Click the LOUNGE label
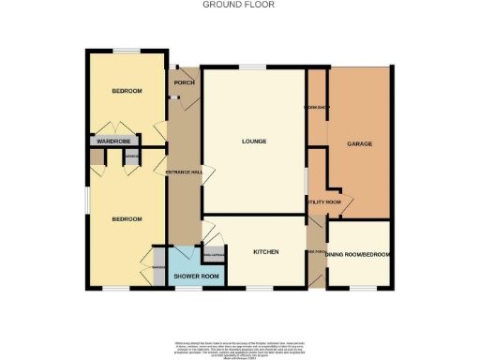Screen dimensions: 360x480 click(254, 142)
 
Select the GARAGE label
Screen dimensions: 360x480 click(360, 144)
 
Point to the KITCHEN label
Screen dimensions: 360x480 click(268, 252)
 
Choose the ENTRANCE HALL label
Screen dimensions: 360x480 click(184, 172)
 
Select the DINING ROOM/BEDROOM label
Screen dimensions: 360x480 click(360, 254)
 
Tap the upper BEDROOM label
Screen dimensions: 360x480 click(127, 91)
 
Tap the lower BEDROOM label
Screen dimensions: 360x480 click(127, 219)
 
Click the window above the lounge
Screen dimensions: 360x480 click(252, 67)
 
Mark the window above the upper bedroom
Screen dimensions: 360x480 click(127, 50)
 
